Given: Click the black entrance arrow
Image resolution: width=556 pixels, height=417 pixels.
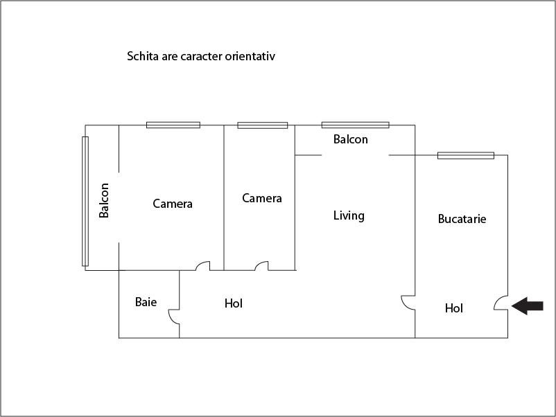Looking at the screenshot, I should tap(528, 306).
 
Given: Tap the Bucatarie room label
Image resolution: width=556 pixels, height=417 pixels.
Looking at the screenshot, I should tap(462, 219).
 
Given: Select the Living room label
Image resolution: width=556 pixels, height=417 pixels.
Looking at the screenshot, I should tap(349, 215).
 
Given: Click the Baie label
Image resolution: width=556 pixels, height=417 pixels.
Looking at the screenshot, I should tap(146, 302).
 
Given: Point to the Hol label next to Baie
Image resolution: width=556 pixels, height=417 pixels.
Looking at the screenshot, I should tap(234, 303).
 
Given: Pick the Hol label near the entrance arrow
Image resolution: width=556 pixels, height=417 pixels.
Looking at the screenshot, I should tap(454, 308).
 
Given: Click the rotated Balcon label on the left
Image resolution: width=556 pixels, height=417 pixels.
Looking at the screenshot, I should tap(104, 199).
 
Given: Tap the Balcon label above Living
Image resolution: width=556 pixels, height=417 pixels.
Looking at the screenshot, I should tap(351, 139).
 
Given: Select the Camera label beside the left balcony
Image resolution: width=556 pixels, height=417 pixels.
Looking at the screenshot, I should tap(173, 204).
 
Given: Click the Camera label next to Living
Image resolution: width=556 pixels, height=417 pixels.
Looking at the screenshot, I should tap(262, 198).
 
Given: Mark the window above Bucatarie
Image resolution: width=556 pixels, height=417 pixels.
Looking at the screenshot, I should tap(465, 155).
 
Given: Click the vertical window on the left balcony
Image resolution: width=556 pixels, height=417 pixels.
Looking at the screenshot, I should tap(85, 201).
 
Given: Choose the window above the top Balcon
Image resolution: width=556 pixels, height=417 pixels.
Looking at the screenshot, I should tap(355, 125).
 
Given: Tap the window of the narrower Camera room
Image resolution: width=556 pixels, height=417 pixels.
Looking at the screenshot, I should tap(262, 125).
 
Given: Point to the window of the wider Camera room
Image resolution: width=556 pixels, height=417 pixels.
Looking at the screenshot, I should tap(173, 125).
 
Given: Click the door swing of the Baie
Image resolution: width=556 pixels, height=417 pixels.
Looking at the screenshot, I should tap(173, 317).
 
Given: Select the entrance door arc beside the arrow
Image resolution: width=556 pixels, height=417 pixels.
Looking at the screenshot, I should tap(501, 303).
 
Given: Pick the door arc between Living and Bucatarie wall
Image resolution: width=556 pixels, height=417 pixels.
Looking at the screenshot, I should tap(407, 303).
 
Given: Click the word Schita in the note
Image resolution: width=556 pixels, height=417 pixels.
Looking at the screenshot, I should tap(142, 56).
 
